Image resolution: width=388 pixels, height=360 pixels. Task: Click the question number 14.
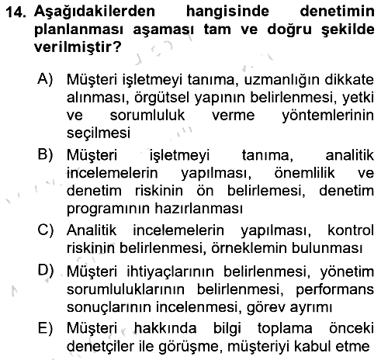click(x=16, y=12)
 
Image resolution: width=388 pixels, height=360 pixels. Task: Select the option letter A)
click(x=45, y=78)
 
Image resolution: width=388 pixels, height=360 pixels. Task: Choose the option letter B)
click(x=46, y=154)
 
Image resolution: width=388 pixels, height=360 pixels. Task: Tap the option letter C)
click(x=46, y=230)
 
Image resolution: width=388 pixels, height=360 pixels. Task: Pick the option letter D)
click(x=46, y=270)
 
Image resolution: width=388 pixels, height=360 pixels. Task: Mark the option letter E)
click(x=45, y=327)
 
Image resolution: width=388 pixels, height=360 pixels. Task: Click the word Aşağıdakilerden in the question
click(x=95, y=12)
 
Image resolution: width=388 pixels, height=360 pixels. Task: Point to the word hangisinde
click(x=227, y=12)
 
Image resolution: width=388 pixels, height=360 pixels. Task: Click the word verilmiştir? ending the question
click(x=78, y=47)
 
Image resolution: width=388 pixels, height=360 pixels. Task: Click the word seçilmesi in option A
click(x=99, y=133)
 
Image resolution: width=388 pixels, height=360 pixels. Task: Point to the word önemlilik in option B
click(x=304, y=173)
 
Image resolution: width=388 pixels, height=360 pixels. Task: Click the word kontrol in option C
click(x=351, y=230)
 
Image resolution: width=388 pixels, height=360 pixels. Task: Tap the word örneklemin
click(x=249, y=247)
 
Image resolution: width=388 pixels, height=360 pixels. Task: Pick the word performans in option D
click(x=335, y=290)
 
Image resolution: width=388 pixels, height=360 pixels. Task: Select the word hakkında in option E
click(x=165, y=328)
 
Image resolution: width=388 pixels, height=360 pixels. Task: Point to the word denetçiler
click(x=102, y=346)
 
